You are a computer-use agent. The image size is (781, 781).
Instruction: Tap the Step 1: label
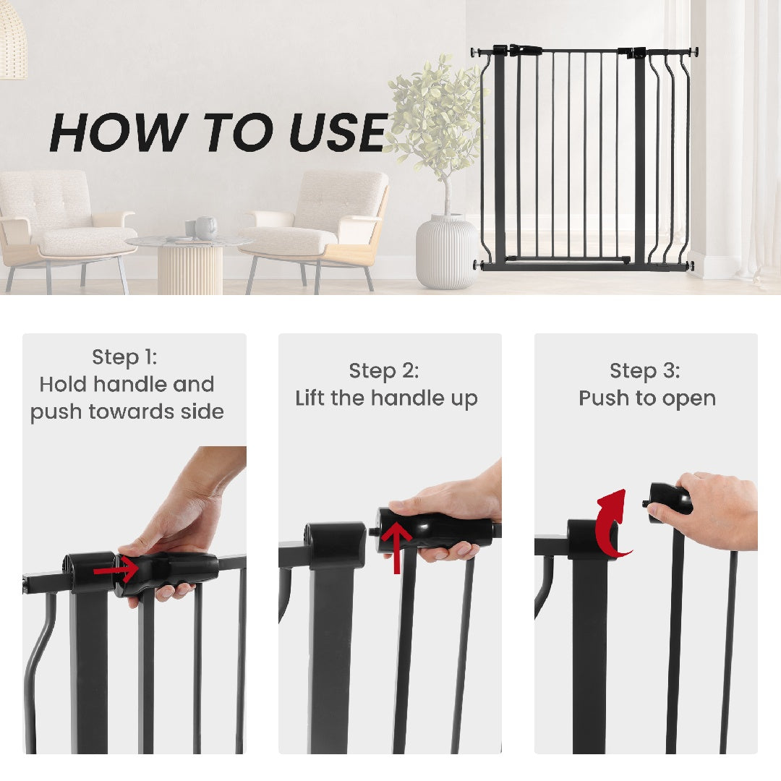point(124,357)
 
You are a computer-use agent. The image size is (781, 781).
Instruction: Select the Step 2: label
point(384,371)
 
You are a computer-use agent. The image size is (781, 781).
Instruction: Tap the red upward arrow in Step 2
point(397,547)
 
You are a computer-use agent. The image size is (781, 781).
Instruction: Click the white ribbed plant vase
point(446,251)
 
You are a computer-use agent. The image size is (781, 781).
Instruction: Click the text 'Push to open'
point(647,398)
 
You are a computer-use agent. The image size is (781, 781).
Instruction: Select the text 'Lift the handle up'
point(386,398)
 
